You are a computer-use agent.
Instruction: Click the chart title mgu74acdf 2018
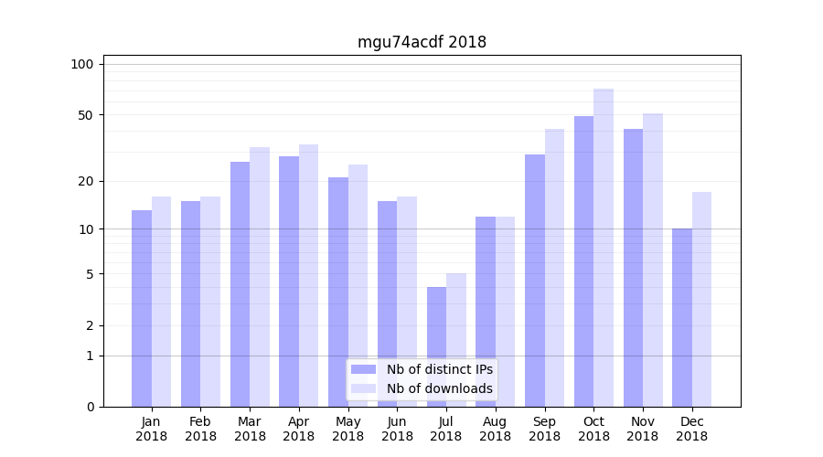tap(422, 42)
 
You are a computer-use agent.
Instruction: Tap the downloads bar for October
tap(604, 247)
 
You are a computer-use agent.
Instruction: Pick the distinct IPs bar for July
tap(437, 346)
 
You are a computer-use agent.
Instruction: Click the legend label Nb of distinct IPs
tap(439, 369)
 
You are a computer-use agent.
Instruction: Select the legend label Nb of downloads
tap(439, 388)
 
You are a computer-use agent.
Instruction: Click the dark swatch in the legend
tap(363, 369)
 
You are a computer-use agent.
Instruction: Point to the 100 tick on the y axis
tap(82, 64)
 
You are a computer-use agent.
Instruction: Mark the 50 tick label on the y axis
tap(85, 115)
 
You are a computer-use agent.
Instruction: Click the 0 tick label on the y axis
tap(90, 407)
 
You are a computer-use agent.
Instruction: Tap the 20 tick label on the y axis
tap(85, 181)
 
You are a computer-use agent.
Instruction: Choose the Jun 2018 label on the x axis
tap(397, 429)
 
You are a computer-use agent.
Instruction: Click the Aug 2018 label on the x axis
tap(495, 429)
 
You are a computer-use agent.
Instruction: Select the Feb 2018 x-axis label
tap(200, 429)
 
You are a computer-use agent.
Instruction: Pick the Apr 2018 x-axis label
tap(299, 429)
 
